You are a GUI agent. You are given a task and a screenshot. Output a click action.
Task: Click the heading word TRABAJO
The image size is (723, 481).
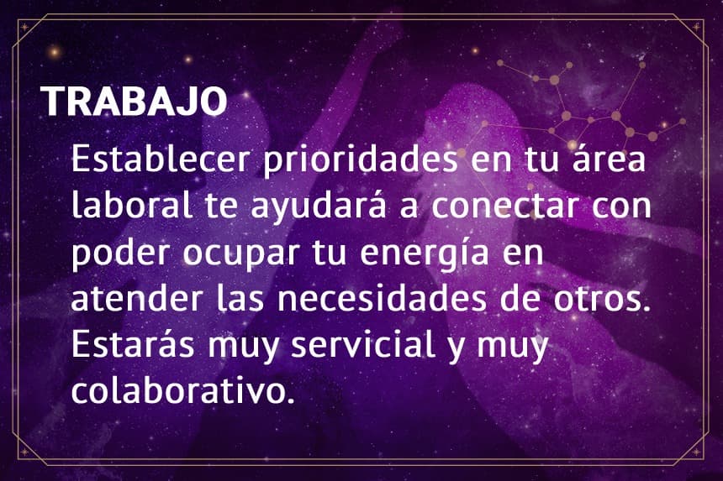click(135, 102)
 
